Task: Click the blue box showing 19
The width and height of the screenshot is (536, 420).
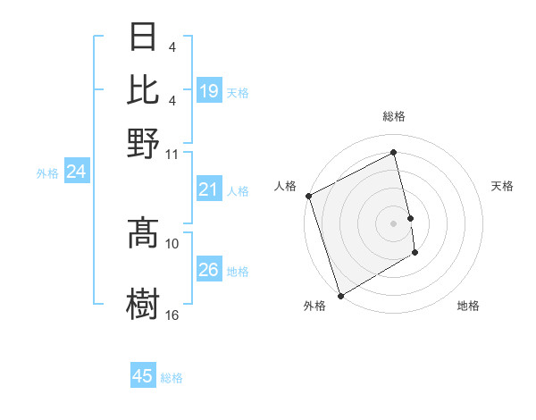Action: coord(209,90)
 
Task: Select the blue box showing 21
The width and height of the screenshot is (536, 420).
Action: coord(209,189)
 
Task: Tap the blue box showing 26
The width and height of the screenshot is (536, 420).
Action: coord(209,270)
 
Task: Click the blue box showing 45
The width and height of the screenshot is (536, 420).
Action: coord(143,376)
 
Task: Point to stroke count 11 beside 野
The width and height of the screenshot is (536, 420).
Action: coord(172,154)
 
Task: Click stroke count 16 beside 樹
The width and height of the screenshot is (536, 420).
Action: coord(172,315)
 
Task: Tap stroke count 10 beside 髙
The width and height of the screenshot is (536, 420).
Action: coord(172,243)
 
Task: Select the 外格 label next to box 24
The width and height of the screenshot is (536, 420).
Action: coord(47,173)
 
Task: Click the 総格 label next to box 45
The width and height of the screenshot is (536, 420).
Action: coord(172,377)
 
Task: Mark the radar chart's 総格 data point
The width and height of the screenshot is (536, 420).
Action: coord(394,153)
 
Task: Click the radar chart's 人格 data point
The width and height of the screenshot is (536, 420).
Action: coord(308,196)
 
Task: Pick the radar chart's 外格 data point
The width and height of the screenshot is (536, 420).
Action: coord(340,296)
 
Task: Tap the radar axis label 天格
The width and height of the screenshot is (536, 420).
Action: coord(502,187)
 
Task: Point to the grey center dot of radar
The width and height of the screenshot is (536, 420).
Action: coord(394,223)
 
